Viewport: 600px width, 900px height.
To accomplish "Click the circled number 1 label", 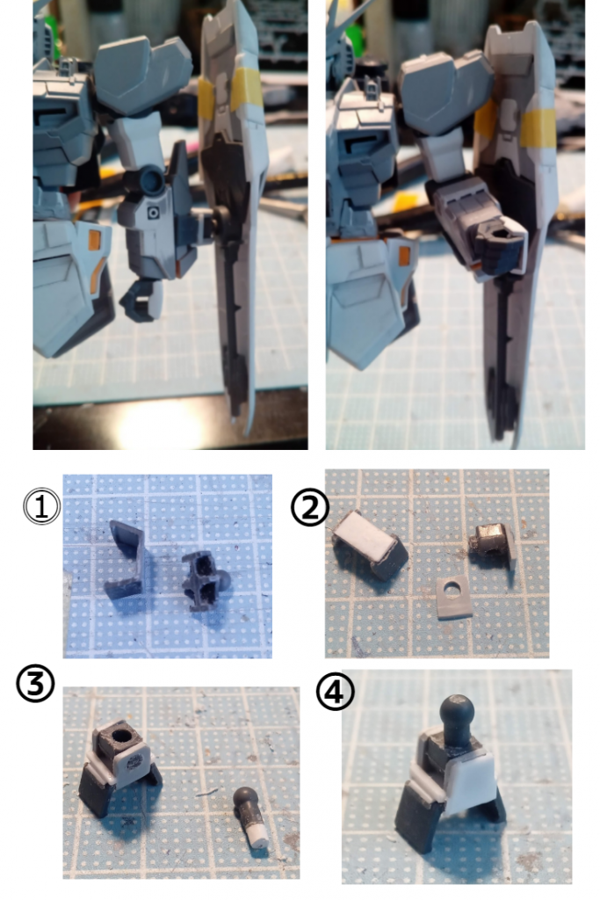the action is (x=41, y=506).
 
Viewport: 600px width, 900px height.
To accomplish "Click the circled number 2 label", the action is (x=310, y=507).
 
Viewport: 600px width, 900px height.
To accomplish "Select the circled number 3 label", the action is (x=35, y=683).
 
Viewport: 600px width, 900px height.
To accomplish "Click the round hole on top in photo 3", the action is (x=121, y=736).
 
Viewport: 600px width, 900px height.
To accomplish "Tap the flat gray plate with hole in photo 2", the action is (x=454, y=598).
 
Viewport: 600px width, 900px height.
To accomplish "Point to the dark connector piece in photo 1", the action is (x=204, y=579).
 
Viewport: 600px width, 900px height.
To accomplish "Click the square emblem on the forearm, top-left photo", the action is (x=153, y=214).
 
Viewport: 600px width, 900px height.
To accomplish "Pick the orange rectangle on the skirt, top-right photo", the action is (x=406, y=257).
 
